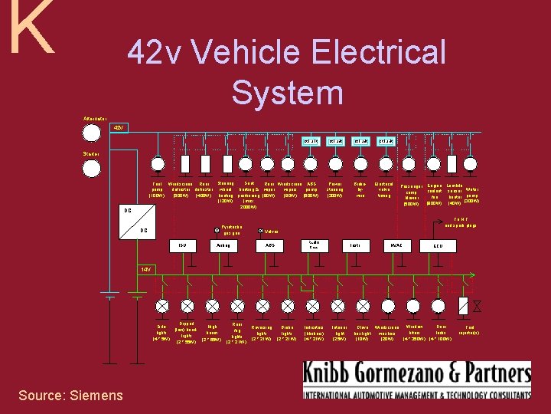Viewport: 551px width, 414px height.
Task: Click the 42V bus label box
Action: [119, 127]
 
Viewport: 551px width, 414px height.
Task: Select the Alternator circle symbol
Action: [92, 133]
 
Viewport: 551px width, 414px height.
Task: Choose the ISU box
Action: [182, 245]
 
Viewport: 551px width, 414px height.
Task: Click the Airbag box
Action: [223, 245]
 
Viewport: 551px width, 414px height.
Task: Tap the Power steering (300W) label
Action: [335, 190]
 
